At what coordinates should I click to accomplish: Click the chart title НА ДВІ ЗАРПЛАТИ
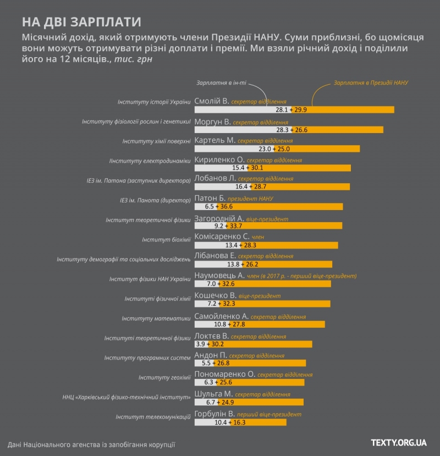coord(81,22)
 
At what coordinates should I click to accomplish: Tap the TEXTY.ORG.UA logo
coord(399,442)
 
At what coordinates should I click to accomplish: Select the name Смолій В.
coord(212,101)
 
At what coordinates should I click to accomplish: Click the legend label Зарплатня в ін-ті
coord(221,83)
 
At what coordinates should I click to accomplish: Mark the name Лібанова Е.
coord(215,256)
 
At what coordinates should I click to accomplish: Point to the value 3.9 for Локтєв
coord(201,344)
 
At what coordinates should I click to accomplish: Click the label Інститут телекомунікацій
coord(153,417)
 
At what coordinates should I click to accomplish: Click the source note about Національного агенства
coord(91,444)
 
